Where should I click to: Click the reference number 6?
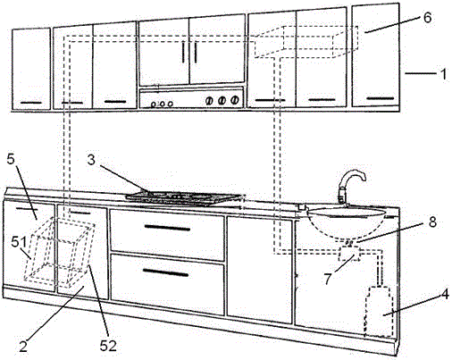click(427, 18)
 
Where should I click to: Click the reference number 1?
click(443, 74)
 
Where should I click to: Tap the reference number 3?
click(91, 160)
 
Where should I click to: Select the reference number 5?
click(11, 159)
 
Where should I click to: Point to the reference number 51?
click(19, 242)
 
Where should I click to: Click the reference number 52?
click(108, 346)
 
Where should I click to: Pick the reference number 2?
click(23, 347)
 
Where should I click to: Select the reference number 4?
click(445, 295)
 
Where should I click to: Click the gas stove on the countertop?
click(183, 198)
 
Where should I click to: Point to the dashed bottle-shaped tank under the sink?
click(379, 311)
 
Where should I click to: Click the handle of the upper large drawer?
click(167, 228)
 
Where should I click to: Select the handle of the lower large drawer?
click(165, 272)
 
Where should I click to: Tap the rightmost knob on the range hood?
click(235, 100)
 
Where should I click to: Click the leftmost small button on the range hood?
click(154, 105)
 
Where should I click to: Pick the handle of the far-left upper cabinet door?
click(31, 103)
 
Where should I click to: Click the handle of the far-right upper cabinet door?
click(380, 98)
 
